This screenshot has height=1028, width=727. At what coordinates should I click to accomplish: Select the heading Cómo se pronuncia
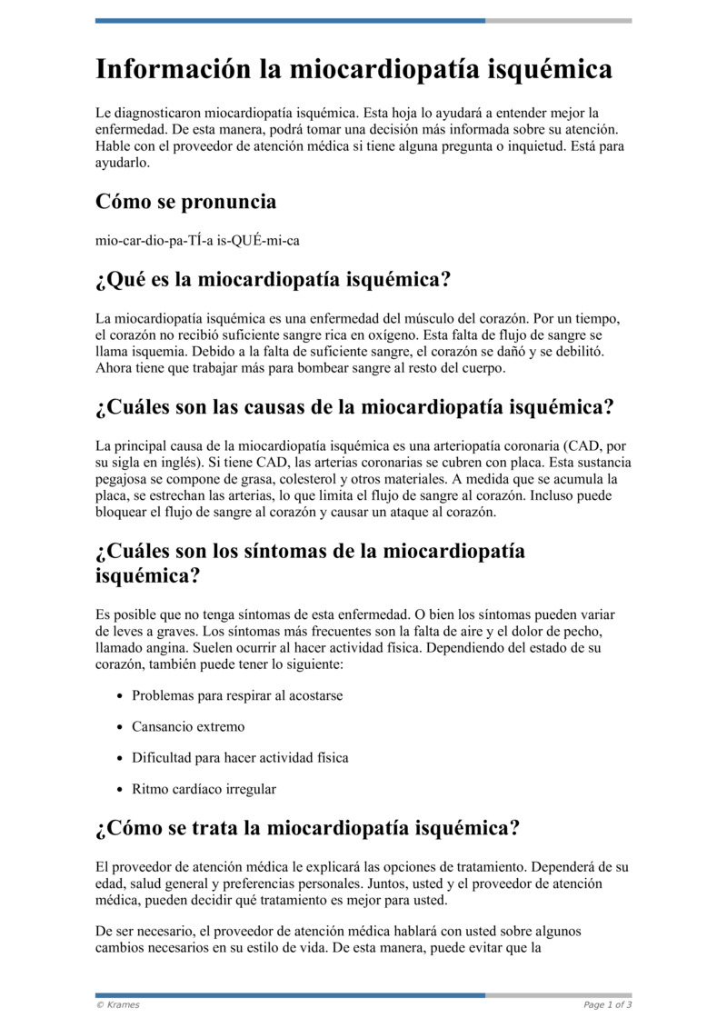185,201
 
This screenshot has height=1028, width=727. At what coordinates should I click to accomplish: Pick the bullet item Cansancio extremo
188,727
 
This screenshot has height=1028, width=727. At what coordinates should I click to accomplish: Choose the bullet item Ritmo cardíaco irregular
204,789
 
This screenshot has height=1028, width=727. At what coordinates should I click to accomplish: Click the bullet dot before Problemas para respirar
121,696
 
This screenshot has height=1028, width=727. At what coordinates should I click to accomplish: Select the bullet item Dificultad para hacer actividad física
240,758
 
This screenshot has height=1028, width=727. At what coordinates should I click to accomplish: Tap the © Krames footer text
118,1004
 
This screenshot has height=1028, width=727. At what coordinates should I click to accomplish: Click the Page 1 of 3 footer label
607,1004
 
